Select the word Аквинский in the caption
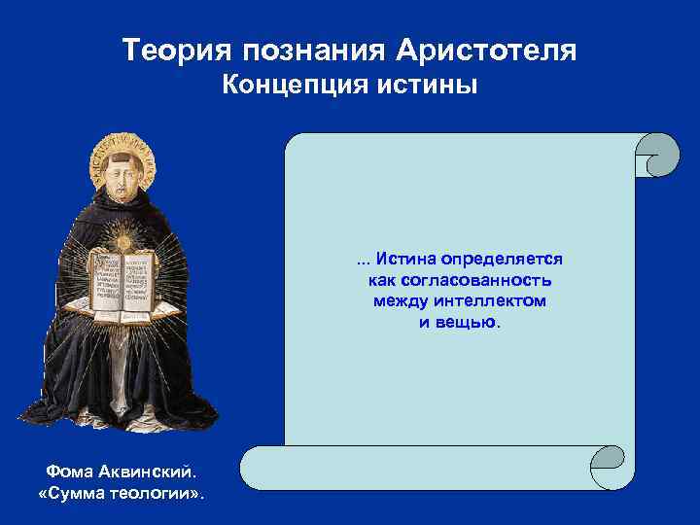point(148,472)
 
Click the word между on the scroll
point(400,300)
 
